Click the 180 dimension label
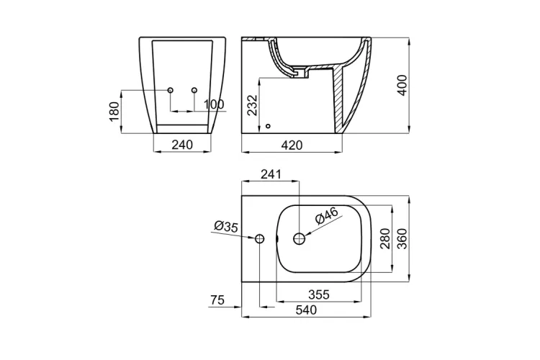(114, 112)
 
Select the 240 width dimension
(182, 145)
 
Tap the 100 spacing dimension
(214, 104)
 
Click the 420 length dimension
(292, 145)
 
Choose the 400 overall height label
(402, 85)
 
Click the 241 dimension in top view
(271, 174)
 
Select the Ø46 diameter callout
(327, 216)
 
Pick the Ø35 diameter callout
(226, 227)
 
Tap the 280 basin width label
(385, 238)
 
